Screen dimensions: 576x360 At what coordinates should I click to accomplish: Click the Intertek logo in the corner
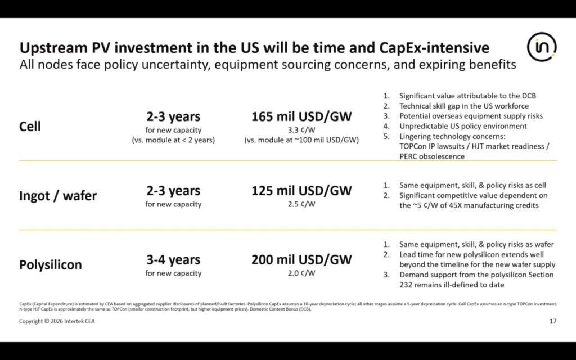point(542,47)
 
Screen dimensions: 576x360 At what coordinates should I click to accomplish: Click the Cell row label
point(30,127)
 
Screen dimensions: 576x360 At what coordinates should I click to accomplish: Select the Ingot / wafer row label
point(58,195)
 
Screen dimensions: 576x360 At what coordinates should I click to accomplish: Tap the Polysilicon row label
point(50,264)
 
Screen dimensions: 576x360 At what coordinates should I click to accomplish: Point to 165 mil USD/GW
point(301,116)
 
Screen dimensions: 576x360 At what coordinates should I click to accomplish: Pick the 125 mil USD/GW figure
point(301,190)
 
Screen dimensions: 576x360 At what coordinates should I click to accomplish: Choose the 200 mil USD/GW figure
point(301,259)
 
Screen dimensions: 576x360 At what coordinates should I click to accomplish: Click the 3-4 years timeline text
point(173,260)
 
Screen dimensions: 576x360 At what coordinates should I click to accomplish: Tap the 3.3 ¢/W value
point(301,130)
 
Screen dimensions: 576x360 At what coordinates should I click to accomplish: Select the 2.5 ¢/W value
point(301,204)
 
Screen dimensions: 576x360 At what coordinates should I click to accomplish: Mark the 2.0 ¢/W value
point(301,273)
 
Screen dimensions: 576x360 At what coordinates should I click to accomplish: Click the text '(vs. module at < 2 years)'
point(173,140)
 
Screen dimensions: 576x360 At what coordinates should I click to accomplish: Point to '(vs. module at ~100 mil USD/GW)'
point(301,140)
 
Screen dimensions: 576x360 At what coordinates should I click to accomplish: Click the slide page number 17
point(553,321)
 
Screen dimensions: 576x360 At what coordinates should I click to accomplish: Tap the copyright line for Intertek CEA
point(57,321)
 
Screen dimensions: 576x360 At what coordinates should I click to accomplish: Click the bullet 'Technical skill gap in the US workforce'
point(464,106)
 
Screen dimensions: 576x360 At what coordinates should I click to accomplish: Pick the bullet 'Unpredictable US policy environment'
point(463,127)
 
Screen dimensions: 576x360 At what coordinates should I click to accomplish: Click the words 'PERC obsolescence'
point(432,156)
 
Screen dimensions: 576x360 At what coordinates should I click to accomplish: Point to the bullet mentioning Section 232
point(476,280)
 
